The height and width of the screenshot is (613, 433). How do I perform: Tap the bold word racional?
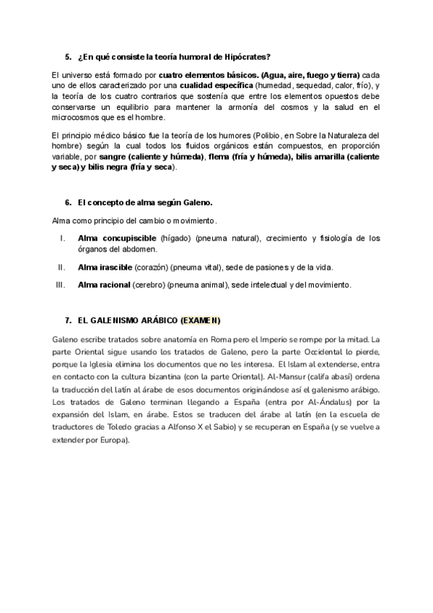(114, 285)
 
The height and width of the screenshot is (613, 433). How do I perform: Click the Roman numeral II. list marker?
(61, 267)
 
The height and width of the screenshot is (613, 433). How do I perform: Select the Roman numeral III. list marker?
(60, 285)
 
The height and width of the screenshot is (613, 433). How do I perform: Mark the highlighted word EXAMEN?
(202, 320)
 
